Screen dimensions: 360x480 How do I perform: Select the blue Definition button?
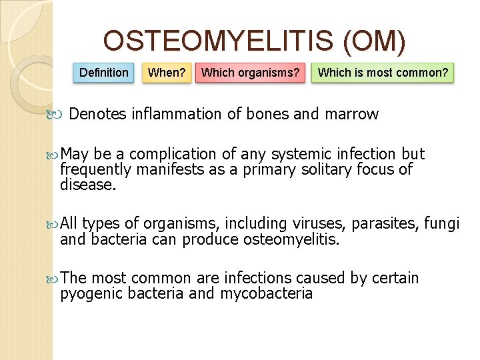pyautogui.click(x=104, y=73)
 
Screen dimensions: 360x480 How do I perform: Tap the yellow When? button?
pyautogui.click(x=167, y=73)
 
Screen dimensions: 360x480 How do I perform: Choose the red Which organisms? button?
pyautogui.click(x=251, y=73)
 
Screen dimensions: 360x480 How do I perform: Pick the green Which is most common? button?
pyautogui.click(x=383, y=73)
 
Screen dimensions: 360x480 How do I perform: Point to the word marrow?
pyautogui.click(x=351, y=115)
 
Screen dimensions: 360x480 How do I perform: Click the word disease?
pyautogui.click(x=88, y=184)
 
